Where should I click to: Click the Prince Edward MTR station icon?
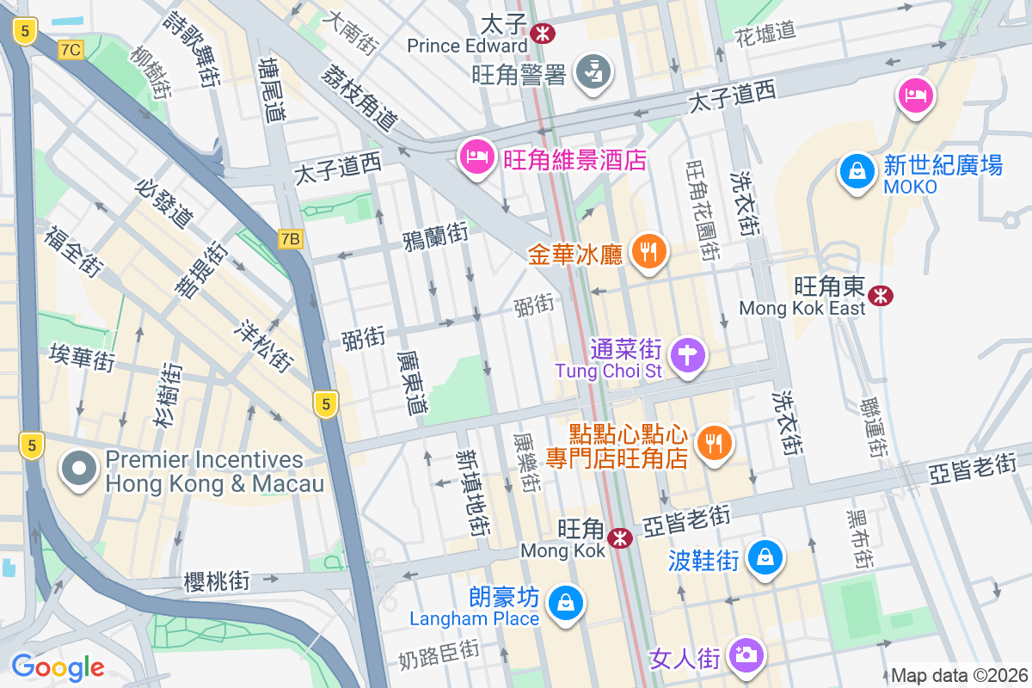(x=543, y=34)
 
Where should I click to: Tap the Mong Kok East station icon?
(x=880, y=296)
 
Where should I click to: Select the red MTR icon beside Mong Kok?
(x=619, y=538)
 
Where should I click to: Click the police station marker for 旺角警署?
(x=592, y=72)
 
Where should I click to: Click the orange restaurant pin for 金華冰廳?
(x=649, y=251)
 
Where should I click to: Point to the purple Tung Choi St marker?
(x=687, y=355)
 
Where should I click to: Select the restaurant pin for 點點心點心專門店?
(x=714, y=443)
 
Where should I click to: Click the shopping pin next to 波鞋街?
(x=765, y=556)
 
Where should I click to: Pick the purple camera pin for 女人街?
(x=746, y=654)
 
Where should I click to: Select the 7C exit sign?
(x=71, y=50)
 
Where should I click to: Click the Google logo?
(x=58, y=667)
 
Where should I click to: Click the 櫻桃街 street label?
(x=217, y=581)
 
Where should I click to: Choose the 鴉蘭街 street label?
(x=435, y=236)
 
